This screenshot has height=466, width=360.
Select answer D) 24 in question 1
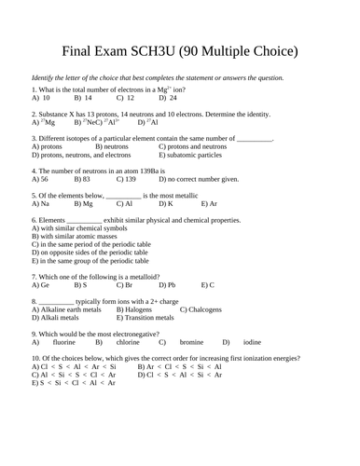[168, 98]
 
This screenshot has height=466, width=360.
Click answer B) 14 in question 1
[82, 98]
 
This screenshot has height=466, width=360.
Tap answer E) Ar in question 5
[209, 203]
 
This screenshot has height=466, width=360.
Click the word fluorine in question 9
[64, 342]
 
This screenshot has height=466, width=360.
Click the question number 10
[35, 359]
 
